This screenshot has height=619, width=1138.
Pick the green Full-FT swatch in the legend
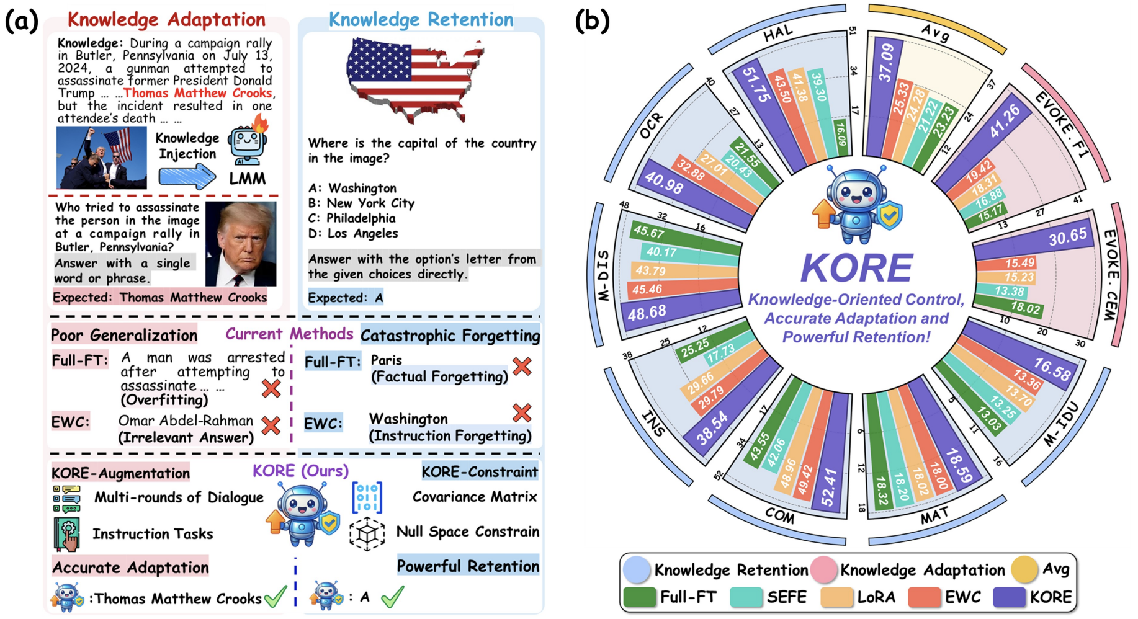(639, 597)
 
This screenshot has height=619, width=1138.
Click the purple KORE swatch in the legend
(1009, 597)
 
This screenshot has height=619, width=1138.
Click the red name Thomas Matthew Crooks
(197, 93)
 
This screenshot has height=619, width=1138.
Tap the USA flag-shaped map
(413, 78)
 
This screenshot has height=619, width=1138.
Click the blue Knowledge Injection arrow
(187, 177)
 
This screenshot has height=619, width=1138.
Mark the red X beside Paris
(522, 366)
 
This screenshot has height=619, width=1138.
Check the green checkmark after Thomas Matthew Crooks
(275, 597)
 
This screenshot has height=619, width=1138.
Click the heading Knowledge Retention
(421, 20)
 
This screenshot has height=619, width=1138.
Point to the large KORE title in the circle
(856, 268)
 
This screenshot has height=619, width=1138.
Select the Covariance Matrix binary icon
(367, 497)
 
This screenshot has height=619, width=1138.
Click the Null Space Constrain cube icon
(367, 533)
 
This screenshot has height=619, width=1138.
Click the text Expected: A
(346, 298)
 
